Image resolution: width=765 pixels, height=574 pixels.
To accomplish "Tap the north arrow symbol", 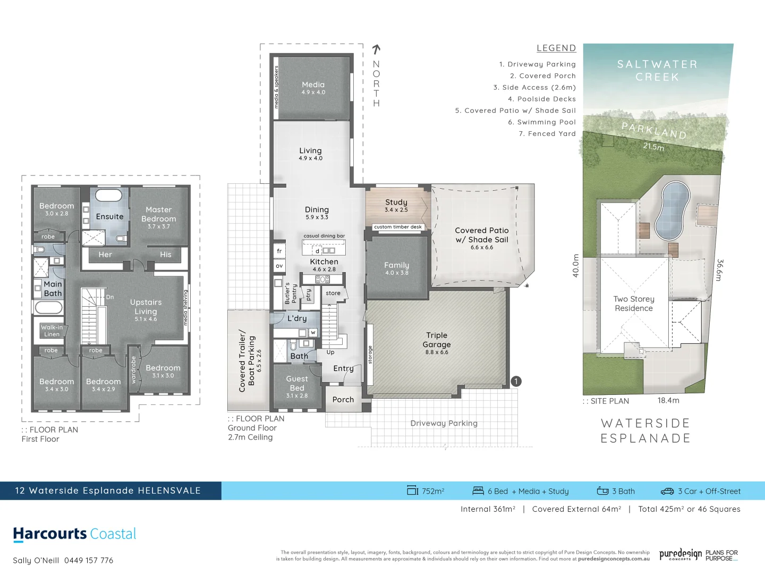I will (x=376, y=49).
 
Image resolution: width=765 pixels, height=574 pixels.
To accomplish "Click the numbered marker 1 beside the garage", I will (x=516, y=381).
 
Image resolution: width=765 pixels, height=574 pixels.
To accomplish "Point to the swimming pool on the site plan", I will (x=672, y=210).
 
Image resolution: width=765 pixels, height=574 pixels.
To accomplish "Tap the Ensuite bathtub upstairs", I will (x=108, y=195).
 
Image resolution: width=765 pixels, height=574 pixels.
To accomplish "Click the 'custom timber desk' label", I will (x=398, y=227).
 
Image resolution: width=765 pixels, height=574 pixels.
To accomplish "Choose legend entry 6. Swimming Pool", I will (x=541, y=122).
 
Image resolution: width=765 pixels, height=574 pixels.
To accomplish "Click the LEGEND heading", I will (x=556, y=48).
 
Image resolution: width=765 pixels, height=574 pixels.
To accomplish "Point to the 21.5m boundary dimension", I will (x=653, y=146).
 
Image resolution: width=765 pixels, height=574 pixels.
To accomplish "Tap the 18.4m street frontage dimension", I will (x=668, y=400).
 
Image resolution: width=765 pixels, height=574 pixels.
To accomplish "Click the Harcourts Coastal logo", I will (x=74, y=534).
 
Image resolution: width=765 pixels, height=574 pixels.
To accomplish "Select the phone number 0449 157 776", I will (x=89, y=560).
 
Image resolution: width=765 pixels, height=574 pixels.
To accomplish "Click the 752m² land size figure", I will (x=433, y=491).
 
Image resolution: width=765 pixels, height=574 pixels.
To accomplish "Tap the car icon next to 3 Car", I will (x=667, y=491).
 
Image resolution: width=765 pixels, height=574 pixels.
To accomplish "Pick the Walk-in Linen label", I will (x=52, y=331).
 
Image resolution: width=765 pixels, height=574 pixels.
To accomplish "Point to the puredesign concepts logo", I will (x=681, y=555).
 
